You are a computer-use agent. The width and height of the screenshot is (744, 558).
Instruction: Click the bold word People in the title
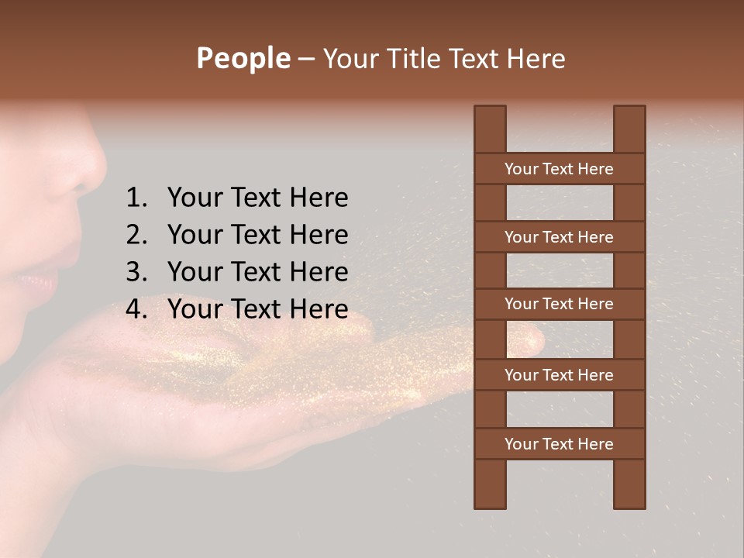243,58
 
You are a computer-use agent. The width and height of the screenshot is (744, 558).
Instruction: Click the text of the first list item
257,198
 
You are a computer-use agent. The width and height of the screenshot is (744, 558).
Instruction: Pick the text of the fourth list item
257,309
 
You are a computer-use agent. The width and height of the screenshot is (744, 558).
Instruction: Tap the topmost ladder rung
559,169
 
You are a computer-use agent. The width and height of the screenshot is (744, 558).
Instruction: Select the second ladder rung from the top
559,237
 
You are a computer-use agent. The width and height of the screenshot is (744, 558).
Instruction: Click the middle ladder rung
559,304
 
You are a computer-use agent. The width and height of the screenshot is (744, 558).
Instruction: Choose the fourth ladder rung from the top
559,375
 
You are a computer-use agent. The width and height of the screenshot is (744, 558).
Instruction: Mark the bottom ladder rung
559,444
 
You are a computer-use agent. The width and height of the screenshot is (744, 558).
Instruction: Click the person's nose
81,167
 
